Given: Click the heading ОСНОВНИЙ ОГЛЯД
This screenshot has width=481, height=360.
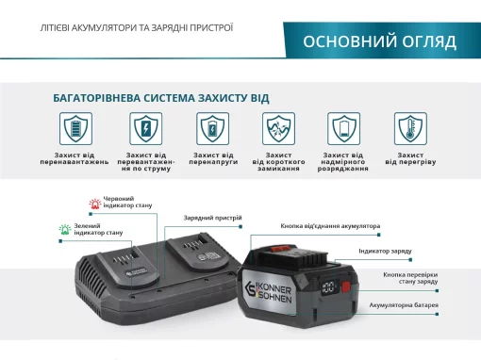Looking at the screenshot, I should coord(379,41).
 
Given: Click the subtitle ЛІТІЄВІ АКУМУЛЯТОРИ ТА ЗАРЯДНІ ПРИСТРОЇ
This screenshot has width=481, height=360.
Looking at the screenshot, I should coord(137,28).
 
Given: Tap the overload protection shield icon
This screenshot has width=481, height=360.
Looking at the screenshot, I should coord(75,127).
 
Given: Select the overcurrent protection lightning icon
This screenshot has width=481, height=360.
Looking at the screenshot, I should coord(145,127).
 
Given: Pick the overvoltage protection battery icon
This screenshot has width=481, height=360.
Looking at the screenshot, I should coord(212,127).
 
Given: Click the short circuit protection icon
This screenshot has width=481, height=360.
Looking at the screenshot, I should coord(278,127).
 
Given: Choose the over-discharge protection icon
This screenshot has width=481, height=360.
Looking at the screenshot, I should coord(343,127).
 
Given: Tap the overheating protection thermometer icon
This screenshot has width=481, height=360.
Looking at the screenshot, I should coord(409,127).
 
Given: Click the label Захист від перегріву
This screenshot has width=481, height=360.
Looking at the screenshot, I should coord(410,159).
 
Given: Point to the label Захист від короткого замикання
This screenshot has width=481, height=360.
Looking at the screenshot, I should coord(278,163).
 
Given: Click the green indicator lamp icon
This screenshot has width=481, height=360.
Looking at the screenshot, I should coord(66,228).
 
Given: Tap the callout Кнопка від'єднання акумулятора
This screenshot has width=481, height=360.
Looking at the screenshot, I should coord(331,226).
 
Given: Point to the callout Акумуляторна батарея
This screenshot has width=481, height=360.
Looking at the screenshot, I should coord(406,305).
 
